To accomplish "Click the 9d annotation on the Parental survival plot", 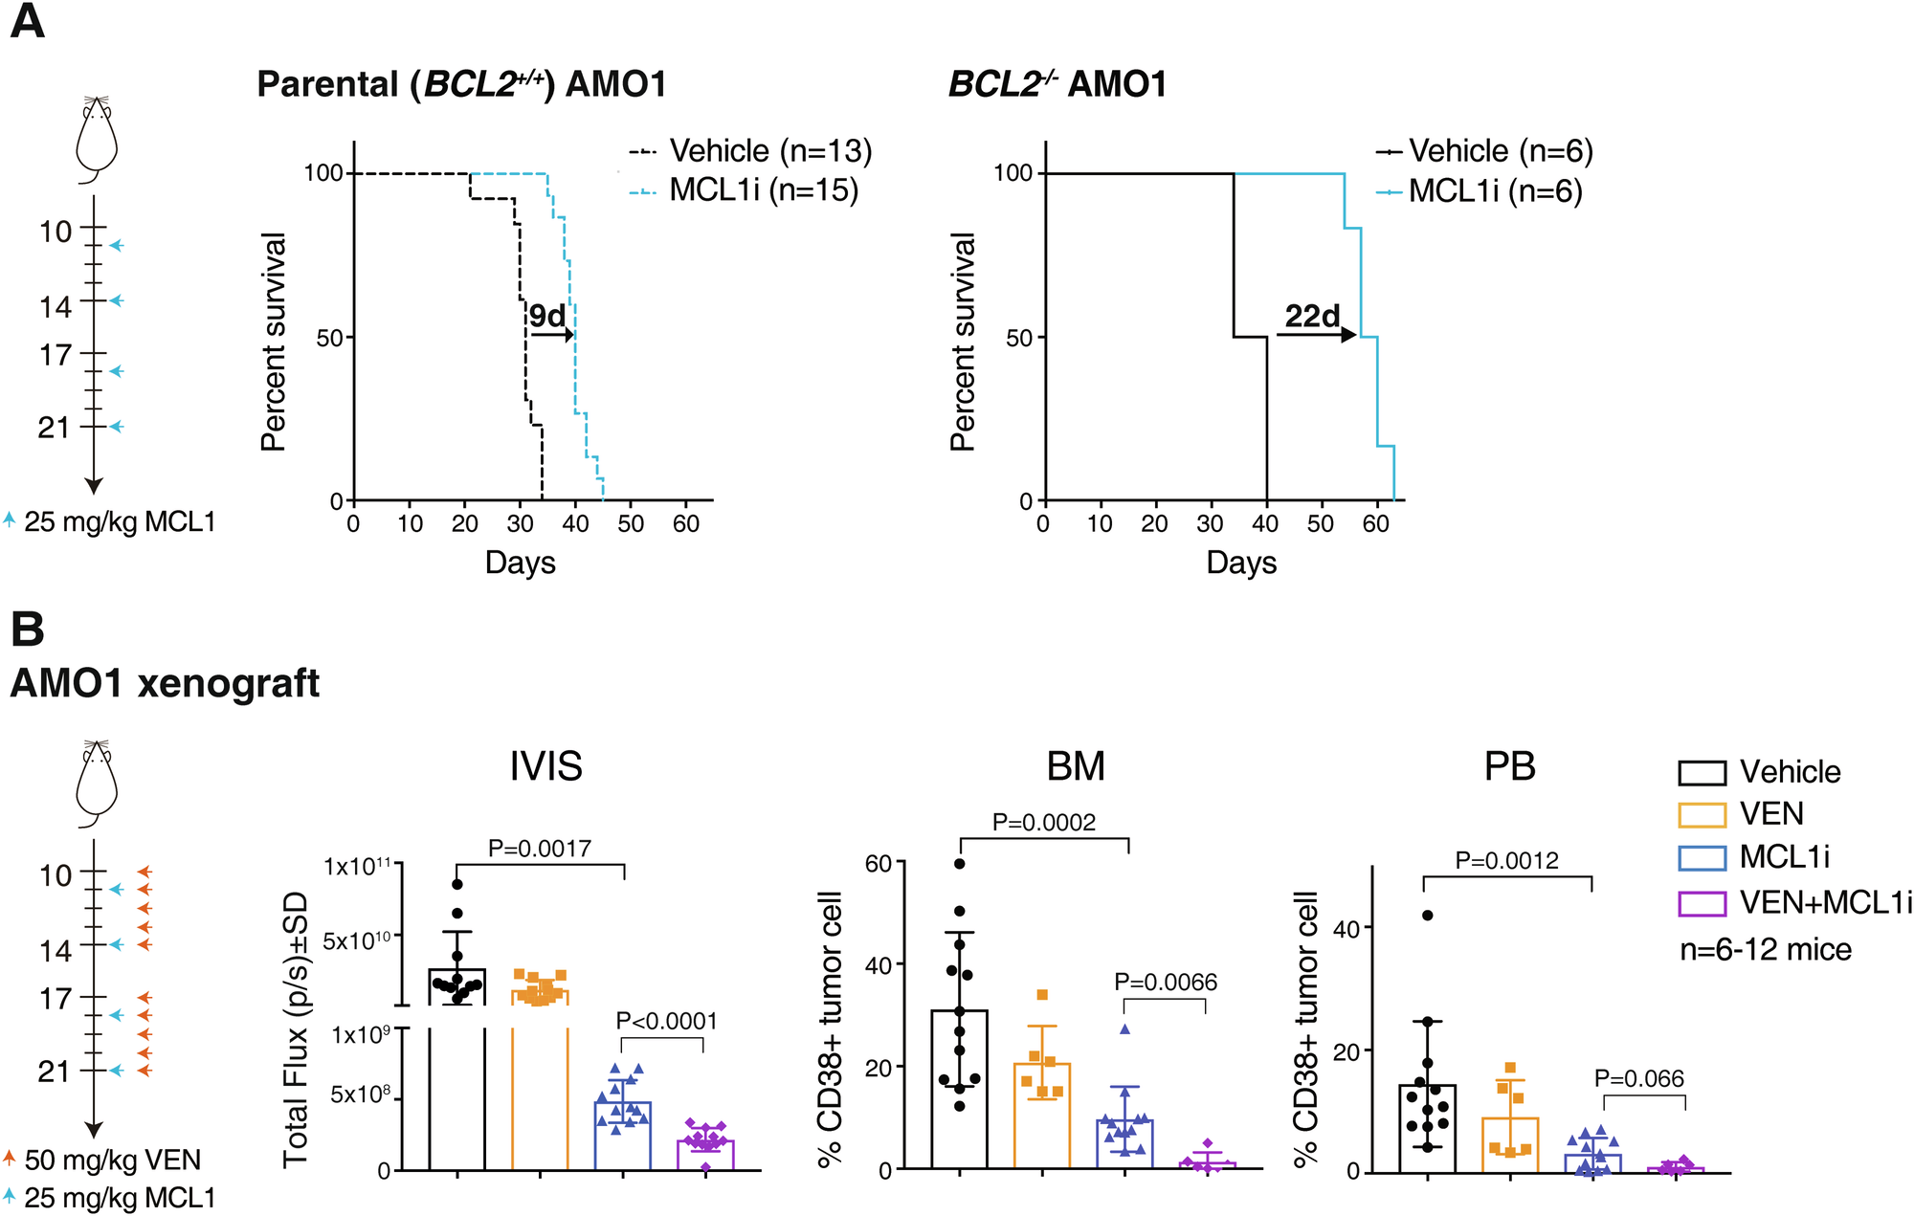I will (x=547, y=315).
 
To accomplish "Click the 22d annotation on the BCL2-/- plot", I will (x=1312, y=315).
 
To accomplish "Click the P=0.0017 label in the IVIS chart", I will (x=540, y=848).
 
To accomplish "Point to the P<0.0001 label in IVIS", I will (x=666, y=1021).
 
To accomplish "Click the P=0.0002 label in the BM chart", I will (x=1043, y=822).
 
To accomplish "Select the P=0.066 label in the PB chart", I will (x=1638, y=1079).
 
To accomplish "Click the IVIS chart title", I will (x=545, y=766).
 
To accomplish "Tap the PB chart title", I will (x=1509, y=766).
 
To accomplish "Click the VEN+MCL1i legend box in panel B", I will (x=1702, y=903).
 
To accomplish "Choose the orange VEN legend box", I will (x=1702, y=814).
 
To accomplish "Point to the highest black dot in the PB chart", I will (x=1427, y=916).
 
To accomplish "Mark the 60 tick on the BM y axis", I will (x=879, y=864).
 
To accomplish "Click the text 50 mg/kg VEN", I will (x=113, y=1161).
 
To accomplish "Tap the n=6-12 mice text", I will (x=1766, y=950).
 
